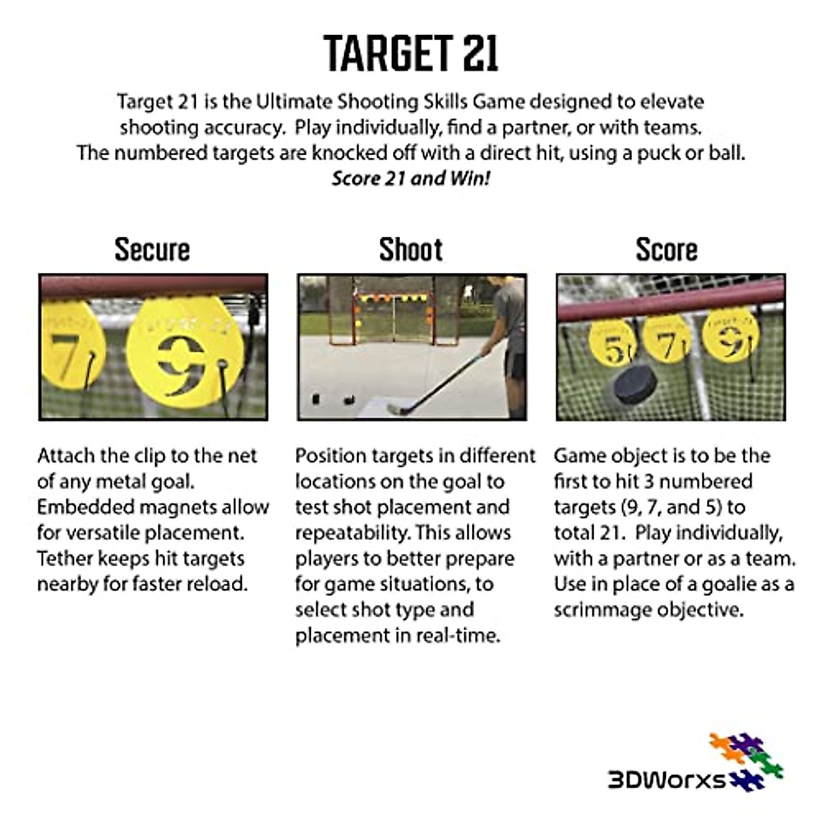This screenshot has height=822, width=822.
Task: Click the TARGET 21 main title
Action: coord(411,53)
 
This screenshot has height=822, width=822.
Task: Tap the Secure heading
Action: coord(152,249)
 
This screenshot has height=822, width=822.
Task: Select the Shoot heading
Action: coord(411,249)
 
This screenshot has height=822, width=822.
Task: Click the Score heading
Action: coord(667,249)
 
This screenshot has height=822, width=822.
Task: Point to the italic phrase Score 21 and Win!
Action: coord(411,178)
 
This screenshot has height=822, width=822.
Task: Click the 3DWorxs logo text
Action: coord(667,780)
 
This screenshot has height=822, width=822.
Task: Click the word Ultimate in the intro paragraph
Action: coord(295,102)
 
